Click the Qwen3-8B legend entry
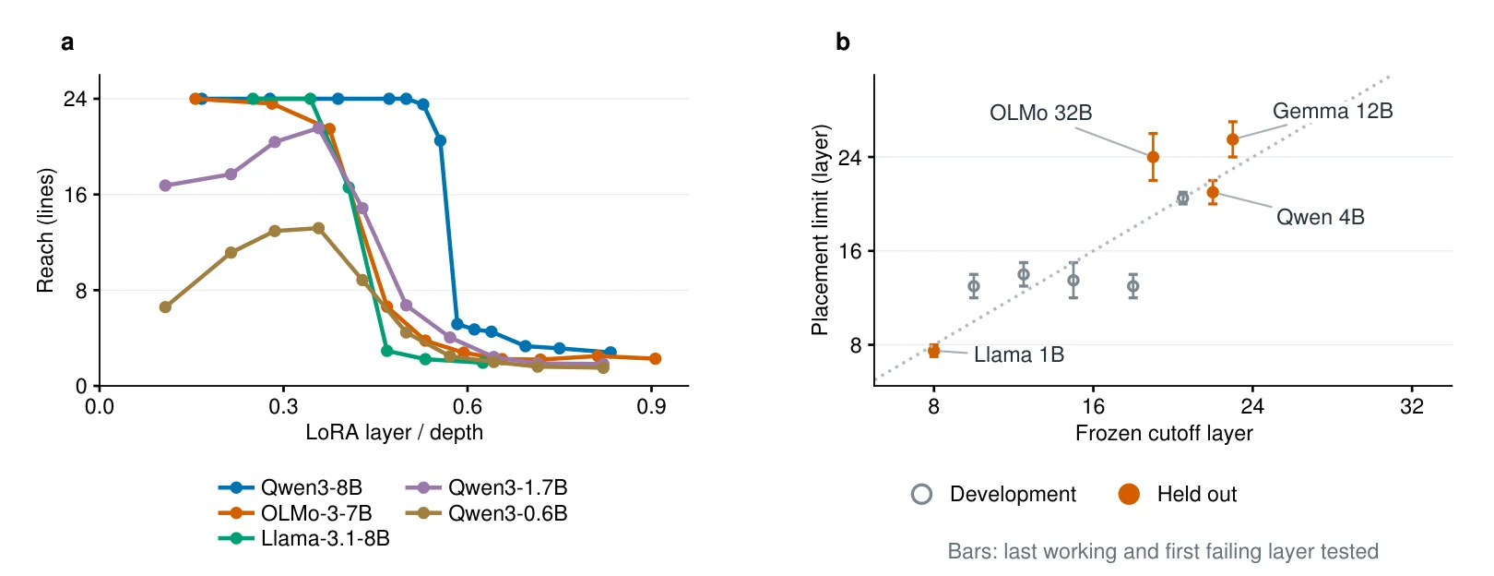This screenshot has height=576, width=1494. click(290, 487)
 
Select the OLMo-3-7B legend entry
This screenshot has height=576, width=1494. click(295, 512)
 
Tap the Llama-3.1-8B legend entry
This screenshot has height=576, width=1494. click(304, 538)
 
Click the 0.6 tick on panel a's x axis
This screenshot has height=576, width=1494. click(467, 406)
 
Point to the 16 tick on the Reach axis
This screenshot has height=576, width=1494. click(75, 195)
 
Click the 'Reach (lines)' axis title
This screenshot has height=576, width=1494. click(44, 230)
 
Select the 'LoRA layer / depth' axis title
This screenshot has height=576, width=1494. click(394, 433)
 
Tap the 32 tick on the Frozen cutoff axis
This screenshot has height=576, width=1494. click(1412, 406)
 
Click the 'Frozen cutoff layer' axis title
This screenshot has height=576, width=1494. click(1164, 433)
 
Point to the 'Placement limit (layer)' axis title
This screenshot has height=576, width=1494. click(820, 230)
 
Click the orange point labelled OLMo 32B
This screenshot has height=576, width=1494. click(1153, 158)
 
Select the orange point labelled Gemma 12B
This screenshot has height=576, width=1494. click(1232, 139)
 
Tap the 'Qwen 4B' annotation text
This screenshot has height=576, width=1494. click(1321, 217)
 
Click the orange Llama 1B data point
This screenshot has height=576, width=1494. click(933, 351)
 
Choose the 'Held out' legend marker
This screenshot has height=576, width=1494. click(1129, 494)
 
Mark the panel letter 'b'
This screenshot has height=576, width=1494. click(843, 42)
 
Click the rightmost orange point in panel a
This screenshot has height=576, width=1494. click(655, 359)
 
